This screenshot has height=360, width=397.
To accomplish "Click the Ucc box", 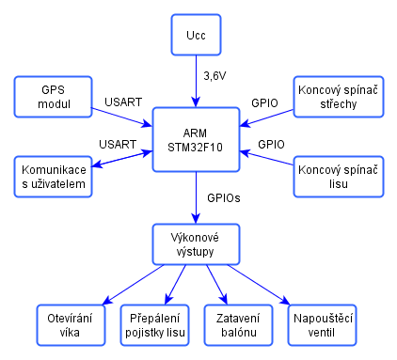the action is (196, 35).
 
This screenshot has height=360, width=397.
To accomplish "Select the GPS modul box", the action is (53, 97).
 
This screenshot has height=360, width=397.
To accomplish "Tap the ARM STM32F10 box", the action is (196, 140).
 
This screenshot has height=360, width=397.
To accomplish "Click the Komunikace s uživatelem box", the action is (53, 177).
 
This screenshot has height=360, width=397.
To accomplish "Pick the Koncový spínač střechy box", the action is (339, 97).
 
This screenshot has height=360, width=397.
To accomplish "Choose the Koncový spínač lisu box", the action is (339, 177).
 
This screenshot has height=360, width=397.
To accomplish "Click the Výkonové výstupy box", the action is (196, 244).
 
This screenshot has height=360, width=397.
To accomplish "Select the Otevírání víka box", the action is (71, 325).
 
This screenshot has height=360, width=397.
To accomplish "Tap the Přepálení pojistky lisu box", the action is (154, 325).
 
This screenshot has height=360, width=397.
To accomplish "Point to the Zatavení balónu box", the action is (238, 325).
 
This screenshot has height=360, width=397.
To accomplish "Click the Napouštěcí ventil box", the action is (323, 325).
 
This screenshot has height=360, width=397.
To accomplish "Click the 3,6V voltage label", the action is (214, 76).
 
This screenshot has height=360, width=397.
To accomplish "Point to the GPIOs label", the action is (224, 197).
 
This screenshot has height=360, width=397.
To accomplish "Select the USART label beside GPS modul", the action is (123, 102).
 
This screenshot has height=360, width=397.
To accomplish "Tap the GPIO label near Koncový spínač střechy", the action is (264, 103).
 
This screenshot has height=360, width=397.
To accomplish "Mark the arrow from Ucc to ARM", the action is (196, 82).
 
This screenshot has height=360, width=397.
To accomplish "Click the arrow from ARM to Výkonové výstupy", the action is (196, 197).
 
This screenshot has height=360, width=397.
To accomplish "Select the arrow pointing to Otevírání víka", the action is (133, 285).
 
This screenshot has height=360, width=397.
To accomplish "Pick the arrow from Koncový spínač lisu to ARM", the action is (266, 158).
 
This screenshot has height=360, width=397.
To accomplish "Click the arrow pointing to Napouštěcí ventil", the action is (259, 285).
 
